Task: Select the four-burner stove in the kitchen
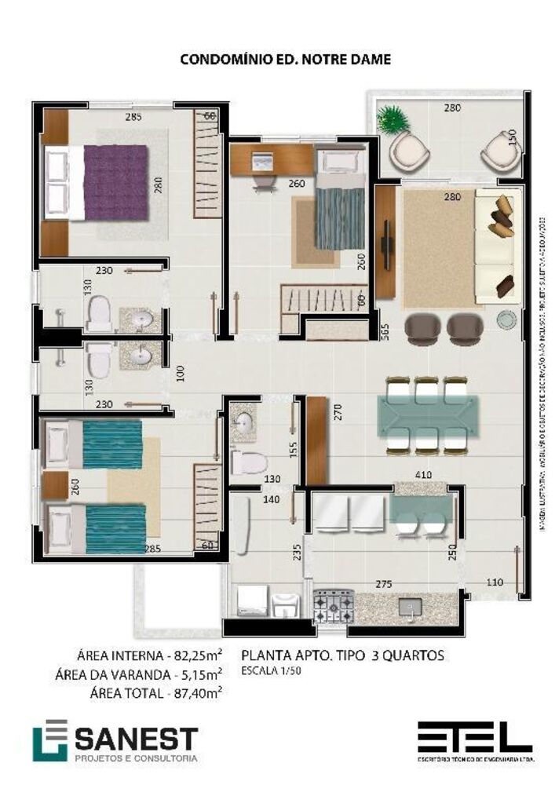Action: [x=334, y=606]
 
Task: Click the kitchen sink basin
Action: [x=409, y=607]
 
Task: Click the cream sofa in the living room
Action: [x=494, y=245]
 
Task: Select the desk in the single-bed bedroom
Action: [x=275, y=158]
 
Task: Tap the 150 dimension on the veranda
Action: [x=512, y=137]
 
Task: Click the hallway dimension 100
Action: [x=180, y=372]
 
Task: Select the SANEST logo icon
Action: [x=49, y=739]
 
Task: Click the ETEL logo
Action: [x=474, y=738]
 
